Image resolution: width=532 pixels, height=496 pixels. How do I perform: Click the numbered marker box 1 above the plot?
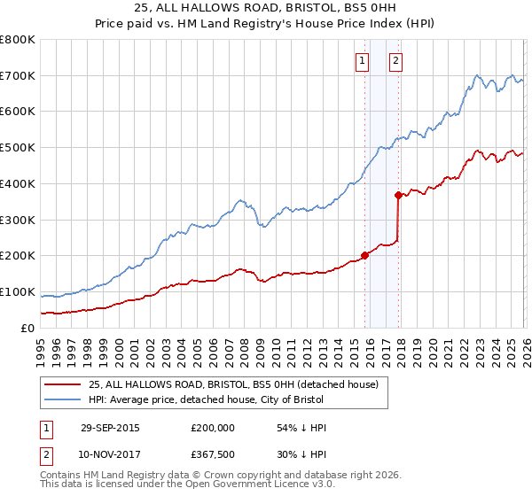pyautogui.click(x=363, y=61)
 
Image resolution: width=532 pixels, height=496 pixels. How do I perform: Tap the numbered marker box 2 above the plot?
pyautogui.click(x=395, y=61)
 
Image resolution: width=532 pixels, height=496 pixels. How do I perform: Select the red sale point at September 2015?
pyautogui.click(x=364, y=255)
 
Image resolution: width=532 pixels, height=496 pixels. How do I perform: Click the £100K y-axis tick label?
pyautogui.click(x=18, y=292)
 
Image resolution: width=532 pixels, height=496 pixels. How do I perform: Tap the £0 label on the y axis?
pyautogui.click(x=28, y=329)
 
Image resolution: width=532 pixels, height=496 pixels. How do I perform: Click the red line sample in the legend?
pyautogui.click(x=63, y=384)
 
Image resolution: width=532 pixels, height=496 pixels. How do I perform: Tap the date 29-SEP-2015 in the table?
pyautogui.click(x=110, y=428)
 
